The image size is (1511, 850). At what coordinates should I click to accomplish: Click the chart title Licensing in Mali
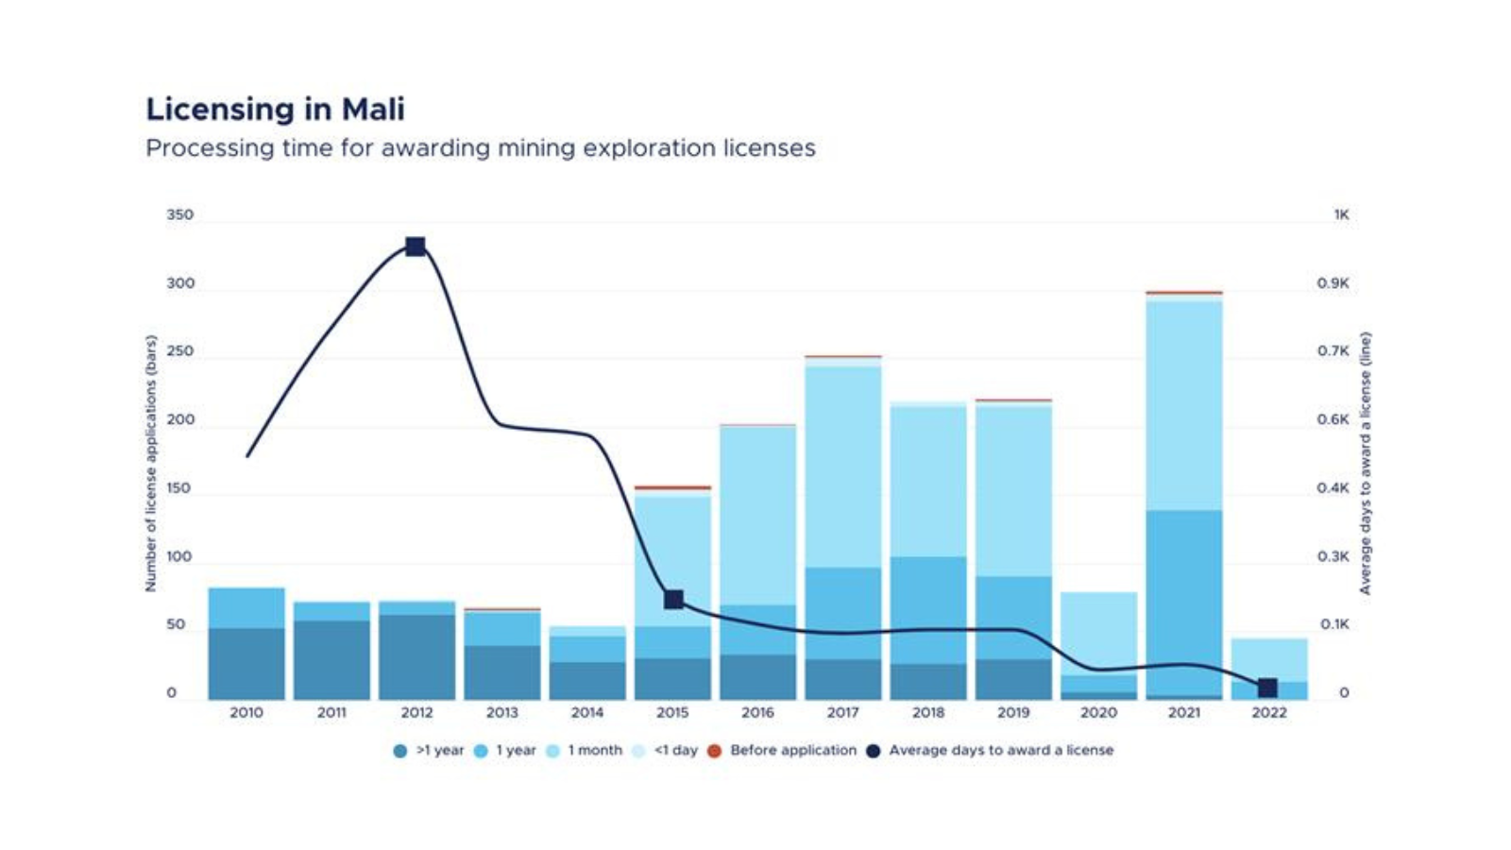[x=275, y=110]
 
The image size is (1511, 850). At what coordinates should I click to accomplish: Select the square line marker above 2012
[x=415, y=246]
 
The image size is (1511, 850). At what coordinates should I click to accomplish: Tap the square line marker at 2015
[x=673, y=600]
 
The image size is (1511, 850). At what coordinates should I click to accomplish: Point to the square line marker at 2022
[x=1267, y=688]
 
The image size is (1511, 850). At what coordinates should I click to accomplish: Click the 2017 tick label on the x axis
[x=842, y=713]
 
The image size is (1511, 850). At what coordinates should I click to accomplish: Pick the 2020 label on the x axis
[x=1098, y=713]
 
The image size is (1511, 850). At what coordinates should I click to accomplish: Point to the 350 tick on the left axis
[x=179, y=215]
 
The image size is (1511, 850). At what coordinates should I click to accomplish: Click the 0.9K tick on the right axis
[x=1333, y=283]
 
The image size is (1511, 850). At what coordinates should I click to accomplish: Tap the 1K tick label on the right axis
[x=1341, y=215]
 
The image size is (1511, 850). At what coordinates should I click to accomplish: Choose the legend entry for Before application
[x=792, y=750]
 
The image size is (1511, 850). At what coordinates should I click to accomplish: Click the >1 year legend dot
[x=400, y=751]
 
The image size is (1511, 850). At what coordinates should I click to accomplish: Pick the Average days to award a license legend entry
[x=1000, y=750]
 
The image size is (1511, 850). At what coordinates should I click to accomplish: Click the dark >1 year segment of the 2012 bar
[x=416, y=656]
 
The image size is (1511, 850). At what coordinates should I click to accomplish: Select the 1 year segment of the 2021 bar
[x=1183, y=603]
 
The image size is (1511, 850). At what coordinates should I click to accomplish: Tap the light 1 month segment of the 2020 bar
[x=1098, y=633]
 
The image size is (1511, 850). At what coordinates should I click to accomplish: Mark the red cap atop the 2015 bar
[x=672, y=488]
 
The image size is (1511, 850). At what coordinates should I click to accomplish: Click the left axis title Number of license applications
[x=150, y=463]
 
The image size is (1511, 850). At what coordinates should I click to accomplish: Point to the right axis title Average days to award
[x=1365, y=463]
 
